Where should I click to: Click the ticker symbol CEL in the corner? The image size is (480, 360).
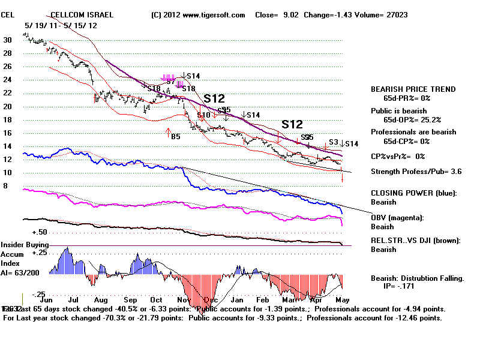pyautogui.click(x=8, y=14)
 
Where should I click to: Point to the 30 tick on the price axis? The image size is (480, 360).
pyautogui.click(x=7, y=40)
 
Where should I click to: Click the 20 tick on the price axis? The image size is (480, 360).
pyautogui.click(x=7, y=106)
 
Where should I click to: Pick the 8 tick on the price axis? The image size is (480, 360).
pyautogui.click(x=5, y=186)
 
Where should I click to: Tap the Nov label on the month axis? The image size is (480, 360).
pyautogui.click(x=184, y=298)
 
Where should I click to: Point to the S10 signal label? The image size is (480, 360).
pyautogui.click(x=204, y=115)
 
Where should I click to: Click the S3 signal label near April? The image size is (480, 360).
pyautogui.click(x=334, y=142)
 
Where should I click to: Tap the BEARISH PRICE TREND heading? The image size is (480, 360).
pyautogui.click(x=413, y=89)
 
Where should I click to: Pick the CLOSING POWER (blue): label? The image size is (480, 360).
pyautogui.click(x=413, y=193)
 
